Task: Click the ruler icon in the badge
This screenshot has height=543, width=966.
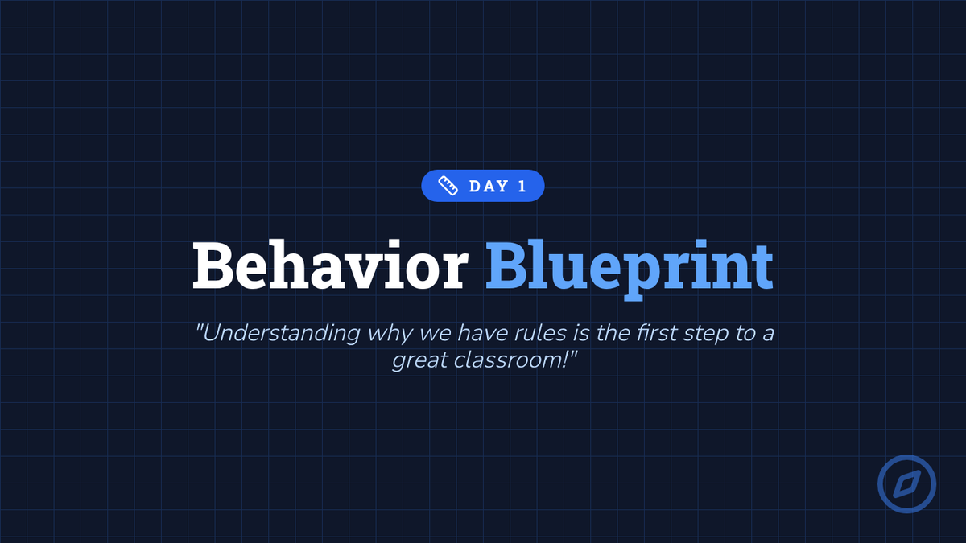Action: pos(448,186)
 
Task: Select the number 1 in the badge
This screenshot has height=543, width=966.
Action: pos(522,186)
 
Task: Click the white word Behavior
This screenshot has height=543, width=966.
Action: pos(330,265)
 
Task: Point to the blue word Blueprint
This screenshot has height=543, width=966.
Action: pos(630,269)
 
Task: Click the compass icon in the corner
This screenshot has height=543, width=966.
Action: pos(907,484)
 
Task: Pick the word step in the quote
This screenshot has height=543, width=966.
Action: pos(705,335)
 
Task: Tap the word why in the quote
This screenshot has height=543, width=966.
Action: pos(390,335)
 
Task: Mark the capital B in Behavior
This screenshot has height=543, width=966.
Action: pos(213,265)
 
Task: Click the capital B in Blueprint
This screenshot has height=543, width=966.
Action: pos(506,265)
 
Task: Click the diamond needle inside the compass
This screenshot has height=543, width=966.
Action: pos(907,484)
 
